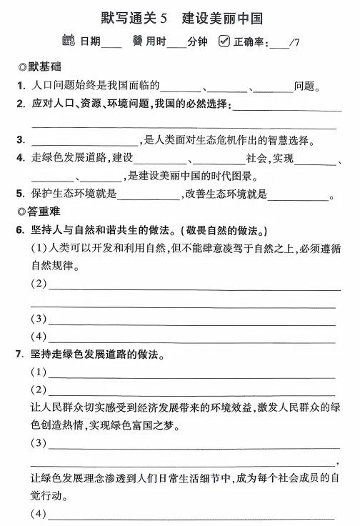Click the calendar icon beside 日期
(x=69, y=41)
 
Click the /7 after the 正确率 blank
(x=294, y=41)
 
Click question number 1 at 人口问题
(x=21, y=86)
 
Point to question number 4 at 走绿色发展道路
(x=21, y=158)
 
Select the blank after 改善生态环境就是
(x=297, y=194)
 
